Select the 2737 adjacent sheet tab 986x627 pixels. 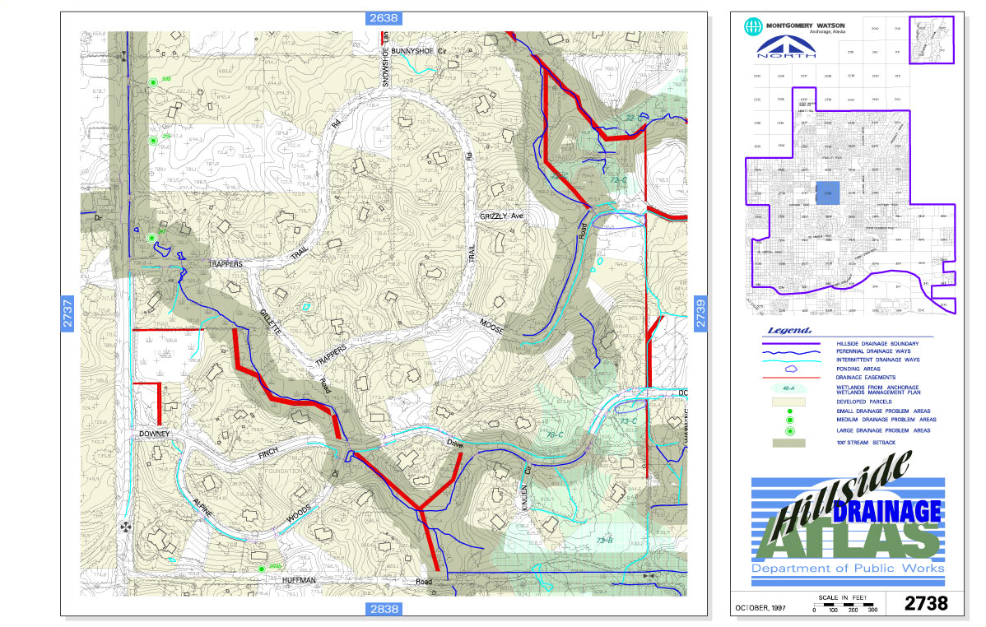coord(69,313)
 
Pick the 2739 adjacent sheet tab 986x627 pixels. coord(701,313)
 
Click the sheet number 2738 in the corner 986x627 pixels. coord(926,603)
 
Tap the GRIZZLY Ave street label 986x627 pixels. coord(502,216)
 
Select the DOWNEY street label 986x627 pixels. coord(153,434)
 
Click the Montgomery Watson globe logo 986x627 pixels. coord(751,26)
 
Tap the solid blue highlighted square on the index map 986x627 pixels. coord(828,193)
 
